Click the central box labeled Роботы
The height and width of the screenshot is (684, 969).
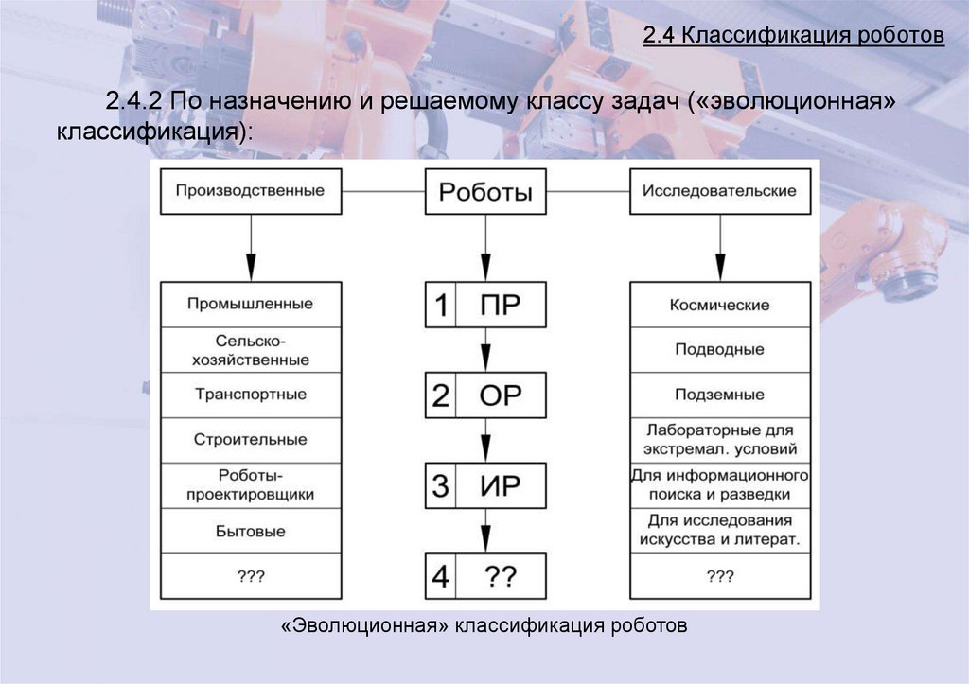(484, 193)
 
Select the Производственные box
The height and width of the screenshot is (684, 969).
(250, 192)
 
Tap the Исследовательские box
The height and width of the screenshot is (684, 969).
(719, 192)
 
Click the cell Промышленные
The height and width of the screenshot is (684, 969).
(250, 305)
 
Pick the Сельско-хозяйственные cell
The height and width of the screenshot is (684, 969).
(250, 350)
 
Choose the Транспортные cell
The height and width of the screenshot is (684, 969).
(250, 395)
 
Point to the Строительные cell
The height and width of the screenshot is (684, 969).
(250, 440)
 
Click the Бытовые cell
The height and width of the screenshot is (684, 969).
(250, 532)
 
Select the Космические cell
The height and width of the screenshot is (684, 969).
(719, 305)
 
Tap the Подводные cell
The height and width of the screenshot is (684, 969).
(719, 350)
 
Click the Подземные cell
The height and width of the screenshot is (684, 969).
(719, 395)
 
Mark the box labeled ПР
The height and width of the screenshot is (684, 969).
(501, 306)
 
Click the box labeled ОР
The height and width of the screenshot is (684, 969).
(501, 395)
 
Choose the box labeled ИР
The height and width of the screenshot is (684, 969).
(501, 486)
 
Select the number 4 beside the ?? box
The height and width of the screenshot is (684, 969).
(440, 576)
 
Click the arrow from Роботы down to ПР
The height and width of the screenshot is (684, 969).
(485, 248)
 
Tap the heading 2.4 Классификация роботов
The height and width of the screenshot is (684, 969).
(794, 37)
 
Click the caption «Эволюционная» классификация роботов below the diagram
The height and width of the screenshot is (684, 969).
(484, 626)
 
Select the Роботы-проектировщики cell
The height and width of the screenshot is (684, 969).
(250, 485)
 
